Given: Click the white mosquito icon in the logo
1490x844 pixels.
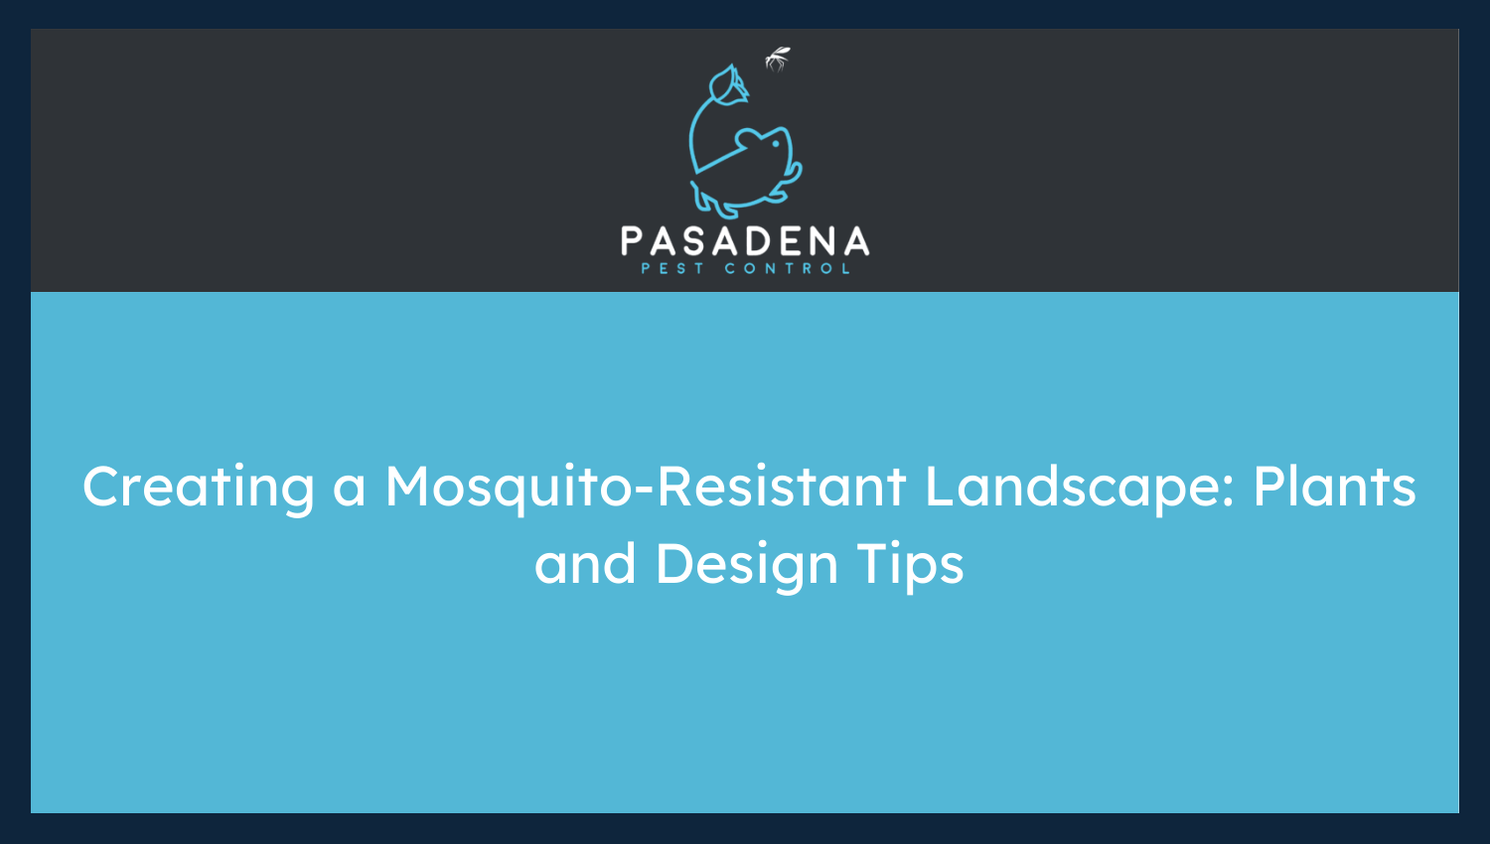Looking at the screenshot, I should tap(777, 60).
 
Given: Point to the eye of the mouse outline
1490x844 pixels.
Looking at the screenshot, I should tap(775, 143).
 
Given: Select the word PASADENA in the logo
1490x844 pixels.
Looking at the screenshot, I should tap(745, 242).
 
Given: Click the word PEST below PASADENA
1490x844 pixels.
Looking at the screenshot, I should tap(672, 268).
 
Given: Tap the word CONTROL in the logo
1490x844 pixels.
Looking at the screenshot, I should tap(788, 268).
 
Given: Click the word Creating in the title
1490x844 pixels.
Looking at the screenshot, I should tap(199, 488).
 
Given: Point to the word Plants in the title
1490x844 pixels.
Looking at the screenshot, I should tap(1334, 488).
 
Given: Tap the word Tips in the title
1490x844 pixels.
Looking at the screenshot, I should tap(910, 565).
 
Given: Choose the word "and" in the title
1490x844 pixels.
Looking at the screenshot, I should tap(585, 565).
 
